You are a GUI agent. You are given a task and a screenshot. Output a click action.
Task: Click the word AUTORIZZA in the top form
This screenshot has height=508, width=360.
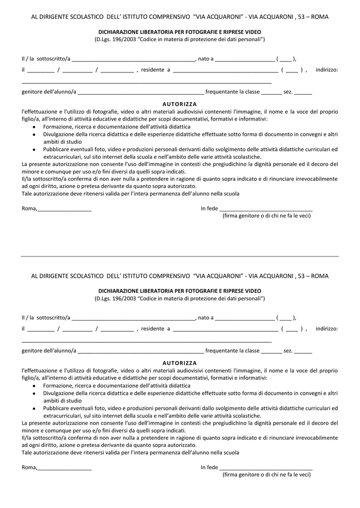pyautogui.click(x=180, y=104)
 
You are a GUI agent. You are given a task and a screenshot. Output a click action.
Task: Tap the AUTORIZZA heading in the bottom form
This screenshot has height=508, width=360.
pyautogui.click(x=180, y=363)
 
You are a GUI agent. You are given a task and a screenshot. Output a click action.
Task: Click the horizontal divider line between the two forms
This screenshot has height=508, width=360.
pyautogui.click(x=180, y=256)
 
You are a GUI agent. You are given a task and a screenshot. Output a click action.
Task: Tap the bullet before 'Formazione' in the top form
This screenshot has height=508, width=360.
pyautogui.click(x=34, y=127)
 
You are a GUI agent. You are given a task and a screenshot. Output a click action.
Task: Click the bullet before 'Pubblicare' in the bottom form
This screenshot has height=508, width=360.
pyautogui.click(x=34, y=408)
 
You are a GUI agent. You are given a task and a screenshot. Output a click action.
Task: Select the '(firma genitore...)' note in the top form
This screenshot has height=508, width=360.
pyautogui.click(x=266, y=216)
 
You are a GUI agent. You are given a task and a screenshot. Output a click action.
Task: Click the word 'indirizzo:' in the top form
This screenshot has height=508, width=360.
pyautogui.click(x=326, y=70)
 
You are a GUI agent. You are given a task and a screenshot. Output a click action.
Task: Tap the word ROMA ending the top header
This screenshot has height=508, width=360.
pyautogui.click(x=320, y=16)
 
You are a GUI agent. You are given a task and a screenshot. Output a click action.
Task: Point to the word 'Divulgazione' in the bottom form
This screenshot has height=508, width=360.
pyautogui.click(x=59, y=393)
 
